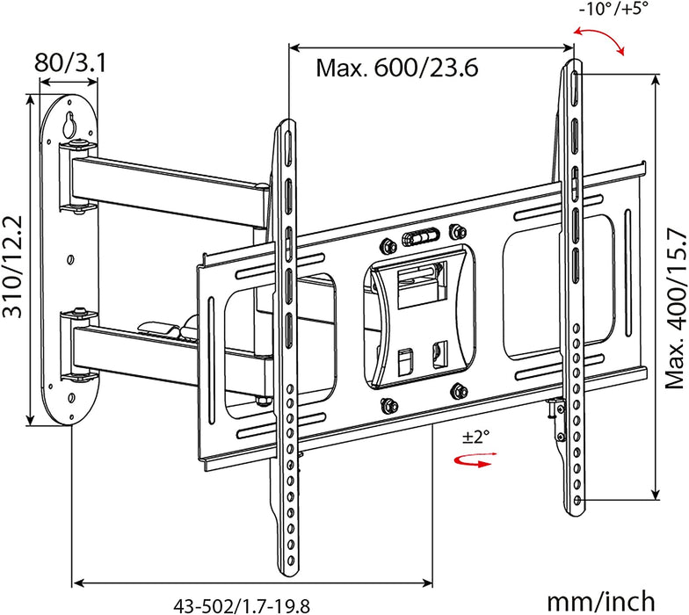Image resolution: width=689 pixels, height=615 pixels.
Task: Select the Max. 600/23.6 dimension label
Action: coord(397,68)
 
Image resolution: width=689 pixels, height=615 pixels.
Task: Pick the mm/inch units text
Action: coord(601,601)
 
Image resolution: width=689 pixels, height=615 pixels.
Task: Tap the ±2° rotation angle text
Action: coord(478,438)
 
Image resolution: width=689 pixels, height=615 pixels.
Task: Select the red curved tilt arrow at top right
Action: coord(599,40)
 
